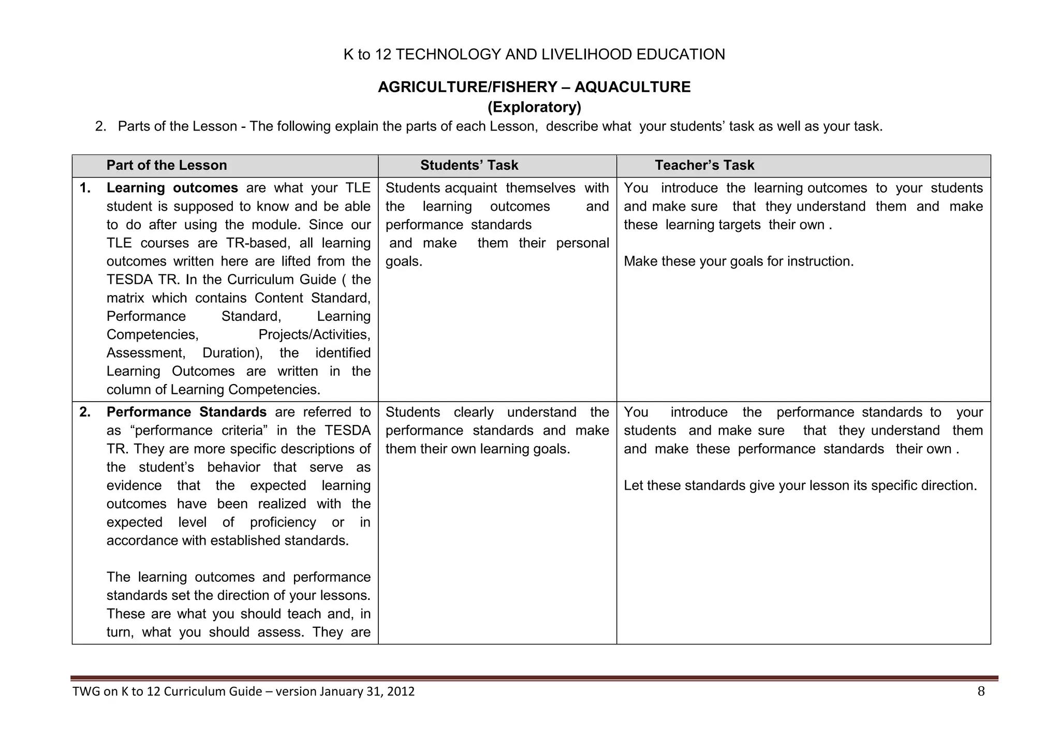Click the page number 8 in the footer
click(x=981, y=692)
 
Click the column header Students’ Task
click(x=469, y=165)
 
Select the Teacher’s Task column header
click(x=704, y=165)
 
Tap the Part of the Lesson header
click(x=167, y=165)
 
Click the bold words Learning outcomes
click(x=172, y=188)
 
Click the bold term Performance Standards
click(x=186, y=413)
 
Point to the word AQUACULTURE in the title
click(x=632, y=87)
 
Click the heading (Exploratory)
click(x=534, y=107)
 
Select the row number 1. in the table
click(x=85, y=188)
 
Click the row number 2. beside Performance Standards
click(x=85, y=413)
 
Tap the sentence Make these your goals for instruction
click(x=739, y=261)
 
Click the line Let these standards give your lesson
click(x=800, y=486)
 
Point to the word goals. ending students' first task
click(x=404, y=261)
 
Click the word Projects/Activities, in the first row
click(x=314, y=335)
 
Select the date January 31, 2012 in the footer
click(x=367, y=692)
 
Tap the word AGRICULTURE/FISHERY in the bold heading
click(x=467, y=87)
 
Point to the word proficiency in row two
click(x=283, y=522)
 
